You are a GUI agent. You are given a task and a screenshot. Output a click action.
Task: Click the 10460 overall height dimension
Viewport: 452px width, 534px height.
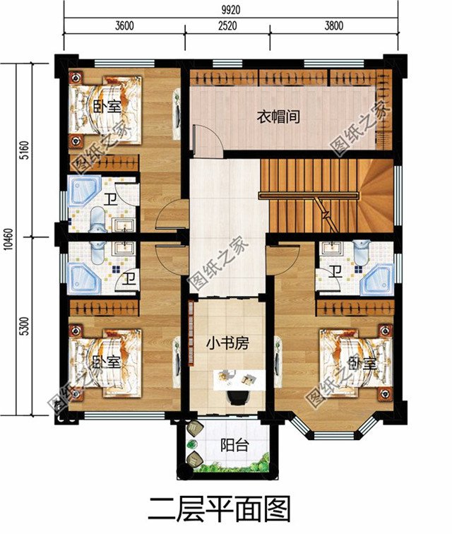click(7, 239)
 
